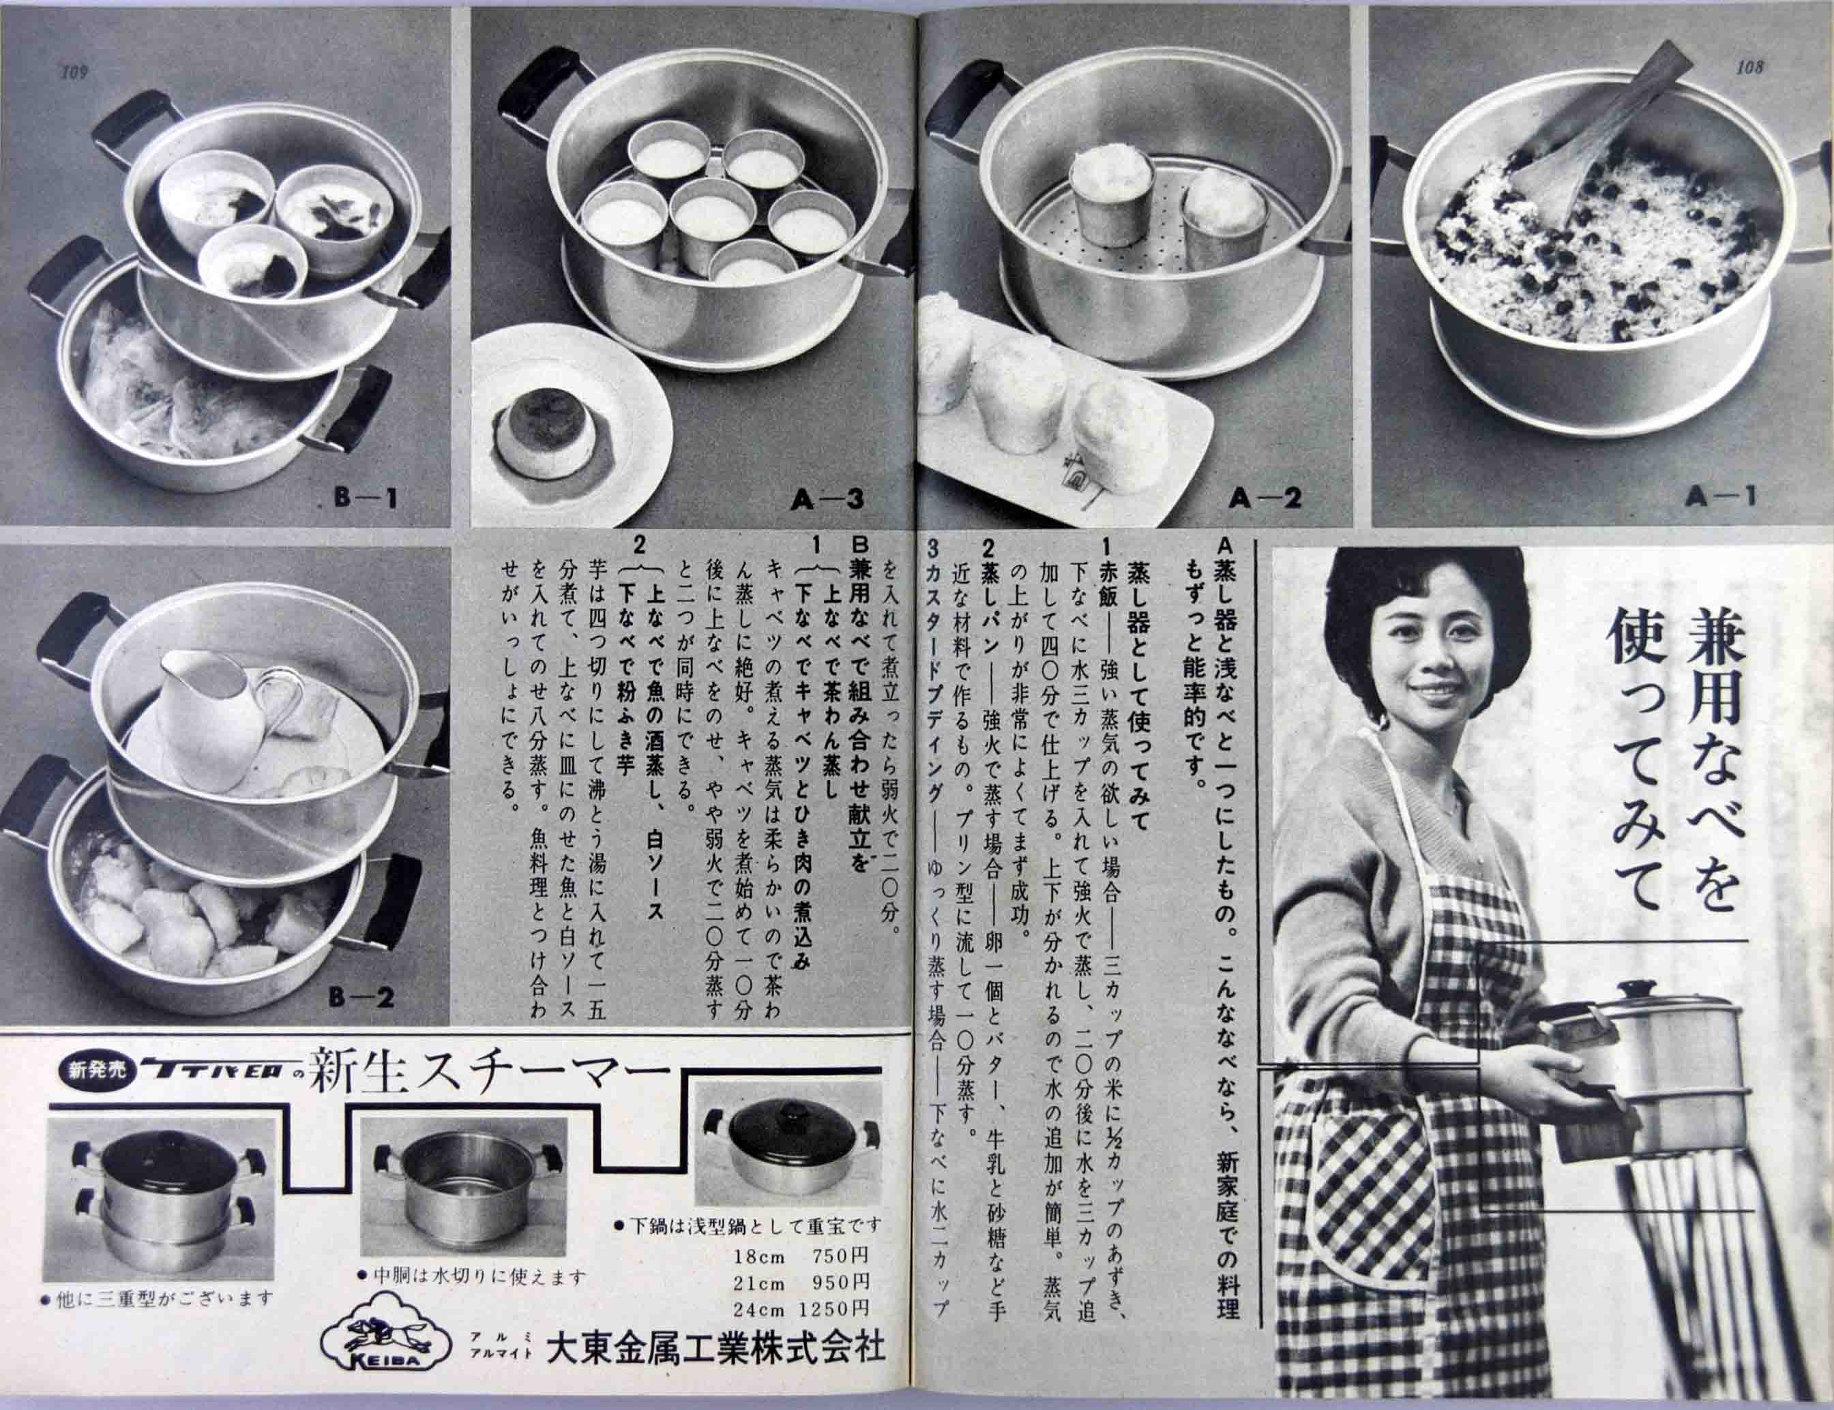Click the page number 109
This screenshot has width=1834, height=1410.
75,73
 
